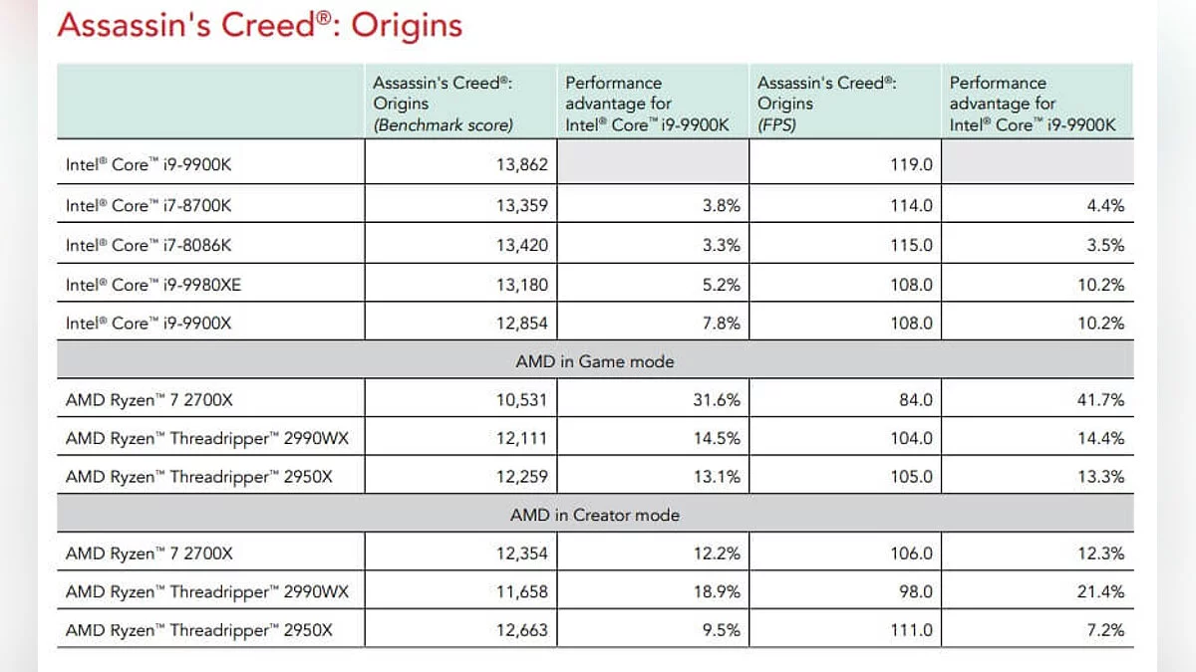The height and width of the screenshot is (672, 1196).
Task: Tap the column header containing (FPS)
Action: pyautogui.click(x=827, y=104)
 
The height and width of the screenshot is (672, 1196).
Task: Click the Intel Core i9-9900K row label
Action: pyautogui.click(x=149, y=164)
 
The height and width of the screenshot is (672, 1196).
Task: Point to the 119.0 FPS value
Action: pyautogui.click(x=911, y=164)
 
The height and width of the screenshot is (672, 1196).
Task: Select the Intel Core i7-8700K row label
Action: pyautogui.click(x=149, y=206)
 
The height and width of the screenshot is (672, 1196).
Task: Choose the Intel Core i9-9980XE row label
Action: pyautogui.click(x=153, y=285)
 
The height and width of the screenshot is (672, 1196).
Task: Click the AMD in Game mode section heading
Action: pyautogui.click(x=594, y=362)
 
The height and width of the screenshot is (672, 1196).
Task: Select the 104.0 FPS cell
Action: pyautogui.click(x=911, y=438)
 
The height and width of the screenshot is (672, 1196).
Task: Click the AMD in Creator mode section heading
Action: pyautogui.click(x=594, y=515)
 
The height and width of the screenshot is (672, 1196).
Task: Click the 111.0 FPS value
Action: pyautogui.click(x=911, y=630)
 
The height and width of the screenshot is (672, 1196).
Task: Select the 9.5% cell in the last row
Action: pyautogui.click(x=721, y=630)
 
